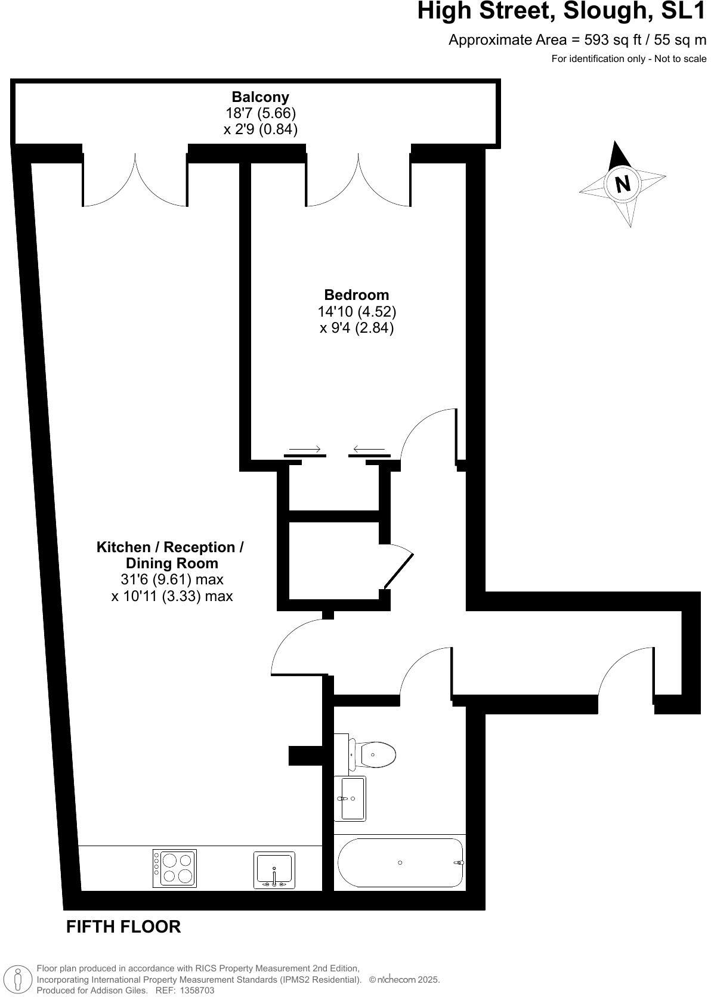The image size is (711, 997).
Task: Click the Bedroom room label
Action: click(x=356, y=295)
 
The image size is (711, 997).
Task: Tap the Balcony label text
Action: click(x=260, y=97)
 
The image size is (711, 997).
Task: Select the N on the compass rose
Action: click(x=622, y=184)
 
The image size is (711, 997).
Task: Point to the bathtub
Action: click(x=400, y=862)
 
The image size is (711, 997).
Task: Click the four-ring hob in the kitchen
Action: click(x=174, y=868)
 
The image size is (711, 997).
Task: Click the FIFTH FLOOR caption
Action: click(x=123, y=927)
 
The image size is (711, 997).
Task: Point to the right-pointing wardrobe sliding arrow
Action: click(x=305, y=449)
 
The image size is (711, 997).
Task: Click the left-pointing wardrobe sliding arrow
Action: click(x=369, y=449)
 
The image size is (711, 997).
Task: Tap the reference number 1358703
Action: click(x=193, y=990)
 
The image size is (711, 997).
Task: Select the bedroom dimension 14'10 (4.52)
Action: click(x=357, y=311)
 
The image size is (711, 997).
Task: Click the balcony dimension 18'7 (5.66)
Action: click(x=260, y=113)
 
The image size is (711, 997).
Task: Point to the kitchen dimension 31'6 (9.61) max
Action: click(x=172, y=579)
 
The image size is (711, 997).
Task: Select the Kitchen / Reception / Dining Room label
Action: click(x=171, y=555)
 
